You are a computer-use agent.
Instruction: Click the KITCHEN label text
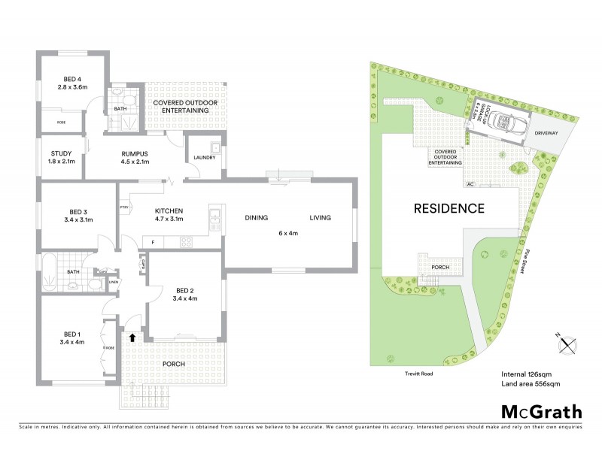(x=169, y=210)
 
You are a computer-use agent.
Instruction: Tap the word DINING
(x=257, y=219)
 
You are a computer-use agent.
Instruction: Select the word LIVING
(x=321, y=219)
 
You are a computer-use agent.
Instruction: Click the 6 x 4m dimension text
(x=289, y=233)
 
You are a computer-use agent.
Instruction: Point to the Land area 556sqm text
(x=531, y=384)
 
